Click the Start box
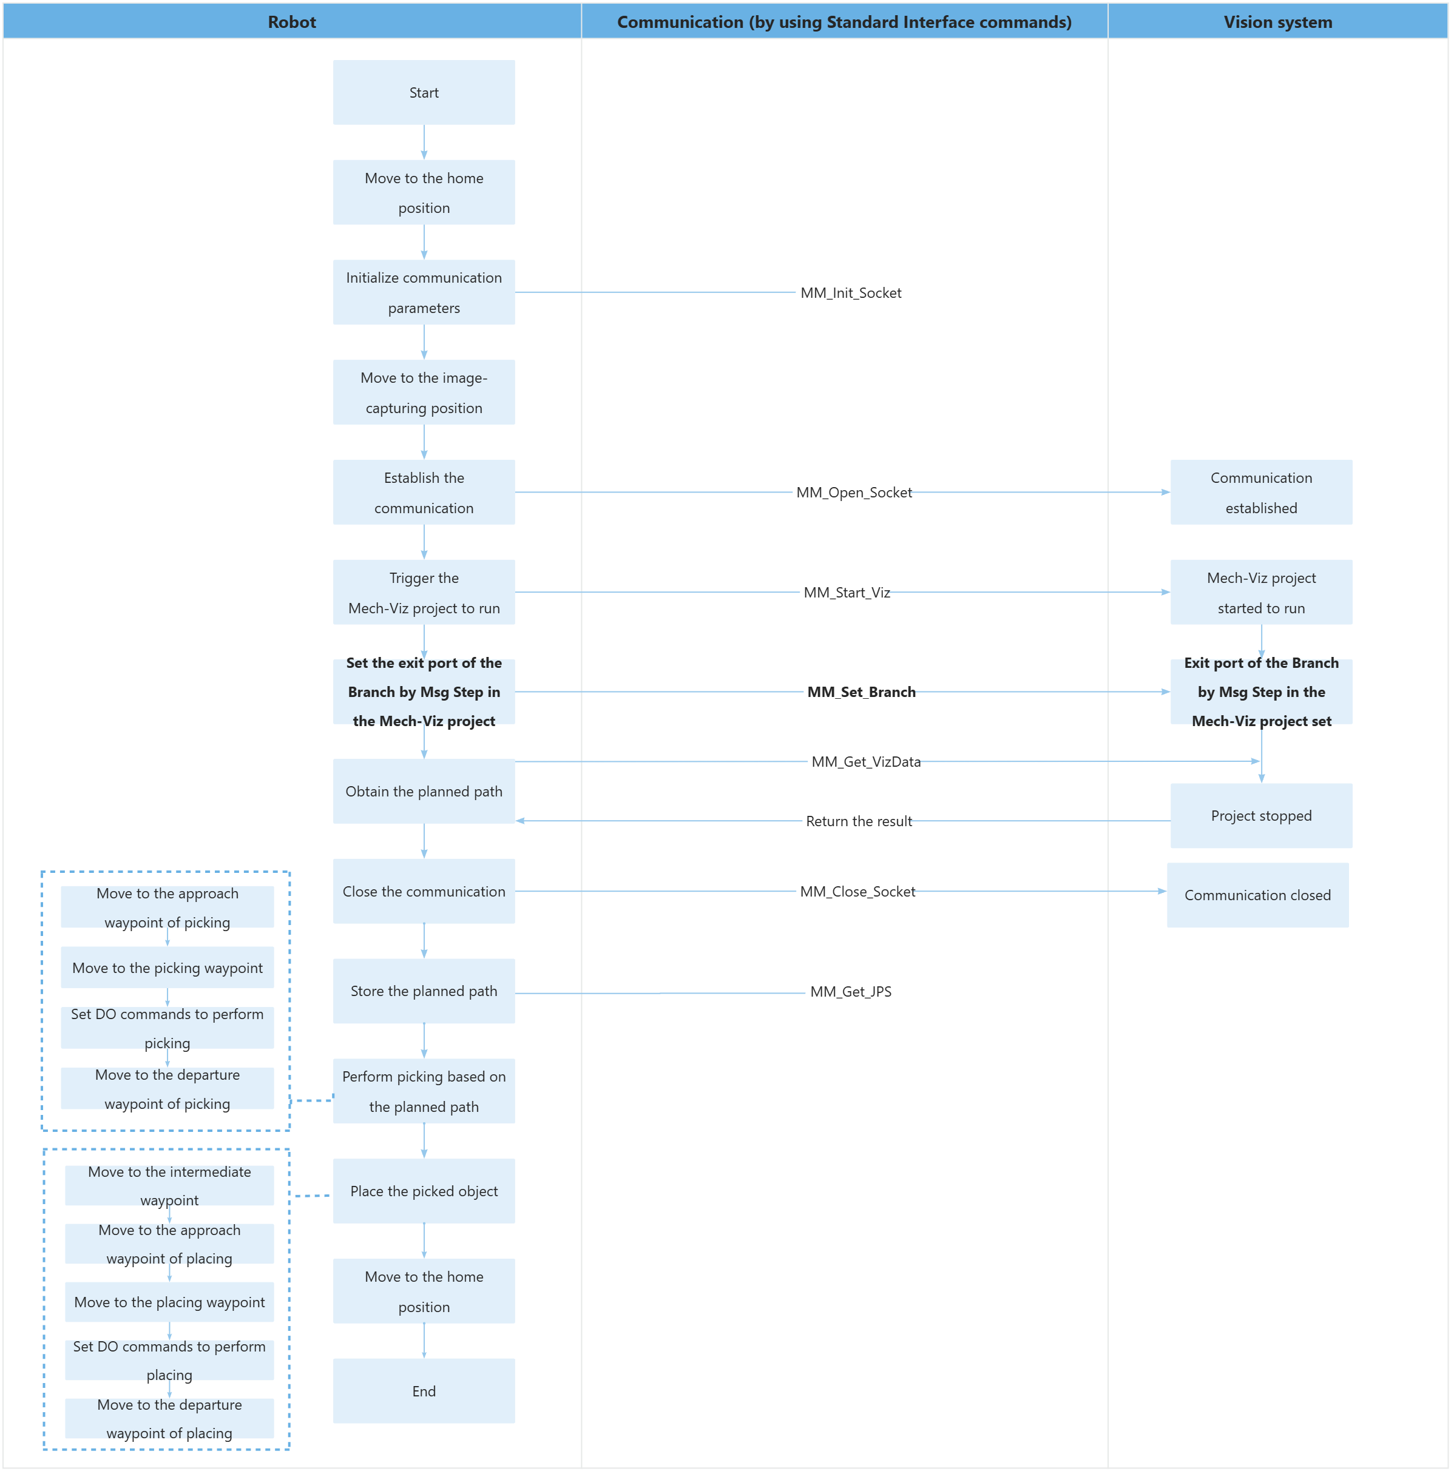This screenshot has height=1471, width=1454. (424, 93)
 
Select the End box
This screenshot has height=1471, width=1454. (424, 1391)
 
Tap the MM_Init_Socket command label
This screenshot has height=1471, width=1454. (850, 293)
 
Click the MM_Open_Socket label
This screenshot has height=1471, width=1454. (853, 493)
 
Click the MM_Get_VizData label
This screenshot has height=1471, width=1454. (865, 761)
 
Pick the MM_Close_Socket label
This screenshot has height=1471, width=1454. (857, 892)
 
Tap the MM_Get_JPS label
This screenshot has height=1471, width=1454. (850, 991)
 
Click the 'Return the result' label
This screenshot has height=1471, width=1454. (859, 821)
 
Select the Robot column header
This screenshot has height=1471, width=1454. (292, 22)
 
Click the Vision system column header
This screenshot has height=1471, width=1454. (1277, 22)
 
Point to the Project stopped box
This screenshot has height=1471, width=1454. (1260, 815)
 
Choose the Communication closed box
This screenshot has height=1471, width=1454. (1257, 895)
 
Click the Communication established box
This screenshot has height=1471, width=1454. (1260, 493)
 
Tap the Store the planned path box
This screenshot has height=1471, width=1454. (424, 991)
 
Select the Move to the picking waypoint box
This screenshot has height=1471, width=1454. (167, 968)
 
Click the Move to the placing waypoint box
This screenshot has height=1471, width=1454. (169, 1302)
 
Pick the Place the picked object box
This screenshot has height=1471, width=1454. (424, 1191)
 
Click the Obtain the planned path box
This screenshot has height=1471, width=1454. (424, 791)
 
